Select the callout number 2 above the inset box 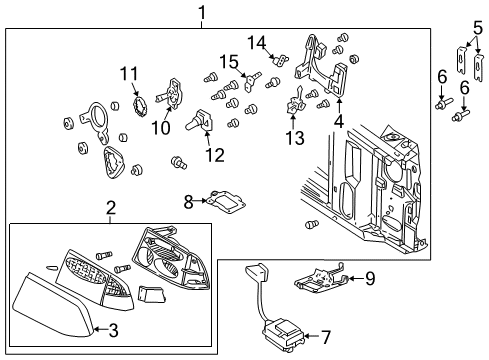point(111,209)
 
